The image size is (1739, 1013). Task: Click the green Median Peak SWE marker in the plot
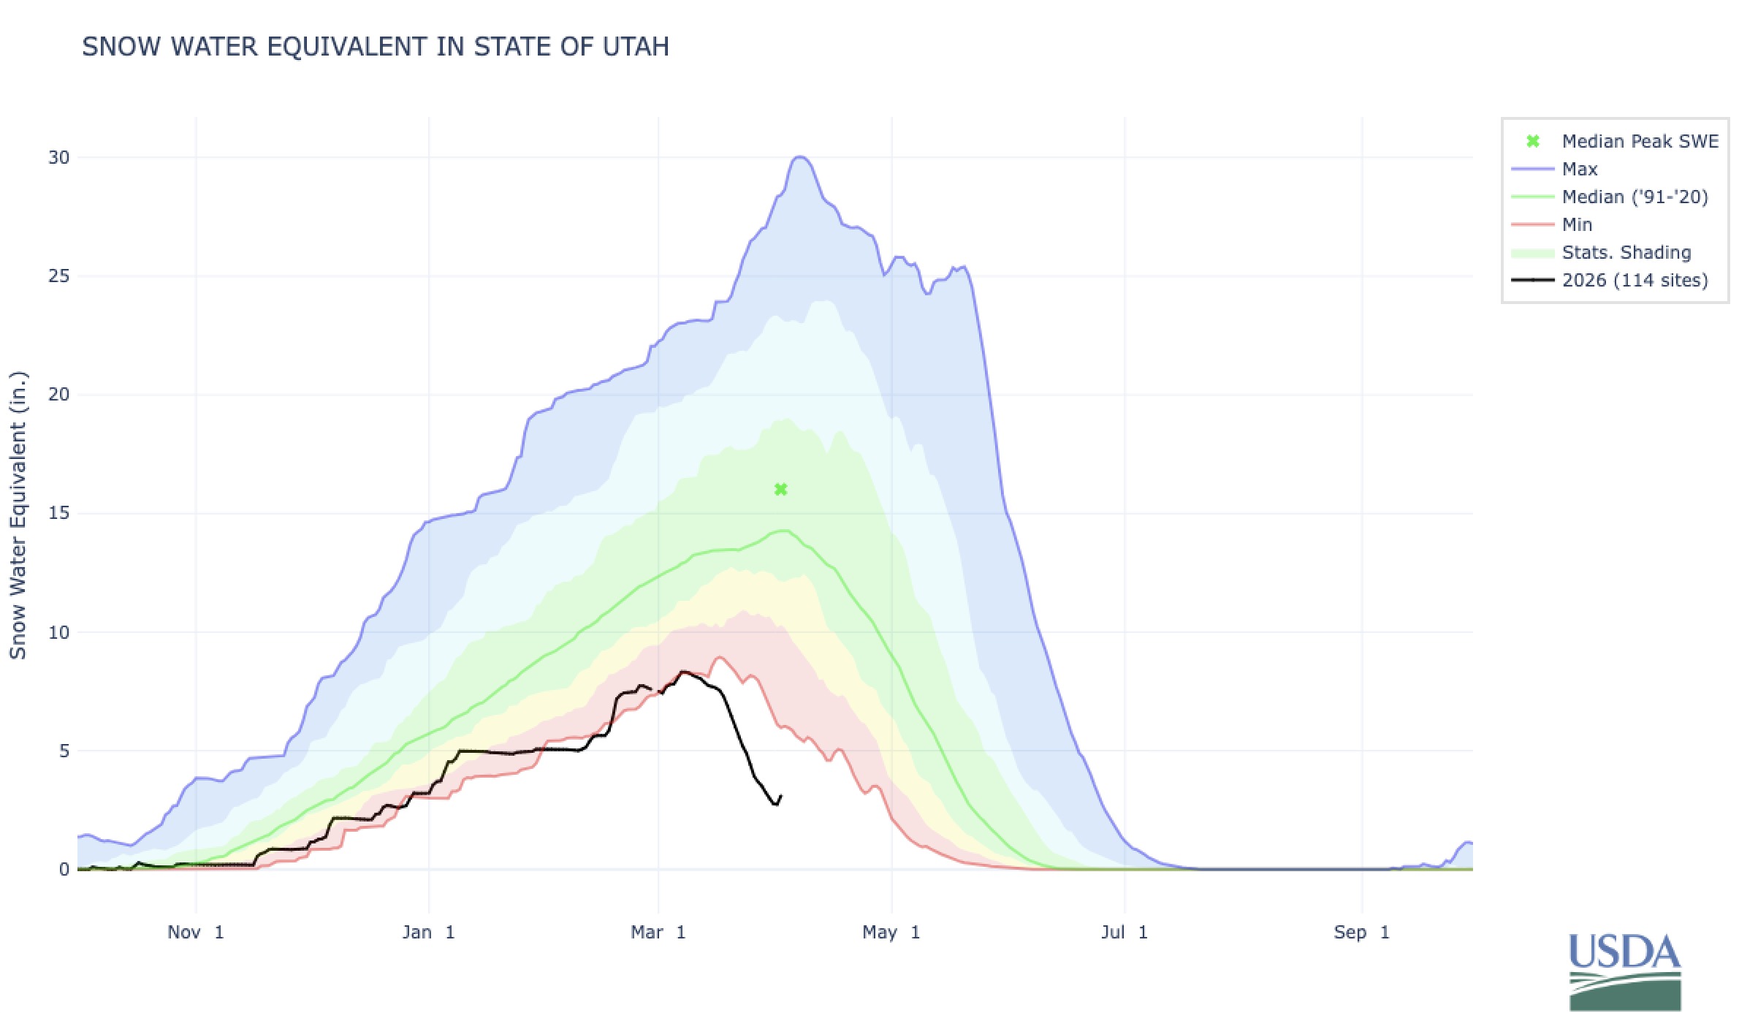coord(780,489)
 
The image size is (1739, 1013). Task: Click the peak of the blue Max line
coord(800,157)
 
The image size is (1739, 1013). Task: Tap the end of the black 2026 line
coord(781,796)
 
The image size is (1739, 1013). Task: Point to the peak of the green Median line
coord(784,531)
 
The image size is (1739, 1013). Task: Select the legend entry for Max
coord(1579,169)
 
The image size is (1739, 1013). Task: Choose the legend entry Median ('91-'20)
coord(1635,197)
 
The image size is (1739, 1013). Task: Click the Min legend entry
coord(1576,224)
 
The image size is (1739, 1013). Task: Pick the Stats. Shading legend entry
coord(1626,252)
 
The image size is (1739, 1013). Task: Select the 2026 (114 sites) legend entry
coord(1635,280)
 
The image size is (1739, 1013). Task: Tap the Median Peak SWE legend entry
coord(1640,141)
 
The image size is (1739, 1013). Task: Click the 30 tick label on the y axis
coord(58,157)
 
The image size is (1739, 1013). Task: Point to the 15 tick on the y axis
coord(58,513)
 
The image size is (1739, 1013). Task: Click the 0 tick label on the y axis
coord(64,869)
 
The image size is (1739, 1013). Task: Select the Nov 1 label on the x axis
coord(195,932)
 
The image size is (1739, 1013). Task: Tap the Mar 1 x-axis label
coord(658,932)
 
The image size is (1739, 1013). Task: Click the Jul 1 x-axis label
coord(1124,932)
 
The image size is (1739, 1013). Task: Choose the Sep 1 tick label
coord(1361,932)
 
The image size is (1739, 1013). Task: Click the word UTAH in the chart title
coord(636,47)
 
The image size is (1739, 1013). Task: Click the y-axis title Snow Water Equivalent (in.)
coord(18,515)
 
